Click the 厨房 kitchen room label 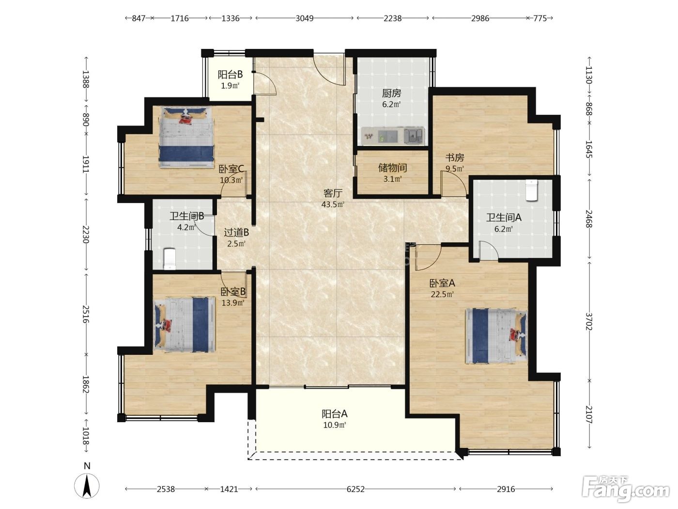(391, 93)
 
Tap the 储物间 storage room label (392, 168)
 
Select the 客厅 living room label (333, 193)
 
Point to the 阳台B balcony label (230, 74)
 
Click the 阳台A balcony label (335, 414)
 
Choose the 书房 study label (454, 158)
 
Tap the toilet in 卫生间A (531, 191)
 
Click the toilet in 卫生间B (169, 258)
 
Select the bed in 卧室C (186, 137)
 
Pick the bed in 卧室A (496, 335)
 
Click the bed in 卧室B (184, 324)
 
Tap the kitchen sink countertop (393, 136)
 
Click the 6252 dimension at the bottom (355, 489)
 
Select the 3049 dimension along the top (305, 18)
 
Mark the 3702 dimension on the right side (589, 321)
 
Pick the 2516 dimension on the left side (86, 314)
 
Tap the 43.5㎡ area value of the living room (333, 204)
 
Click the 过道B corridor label (236, 232)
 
